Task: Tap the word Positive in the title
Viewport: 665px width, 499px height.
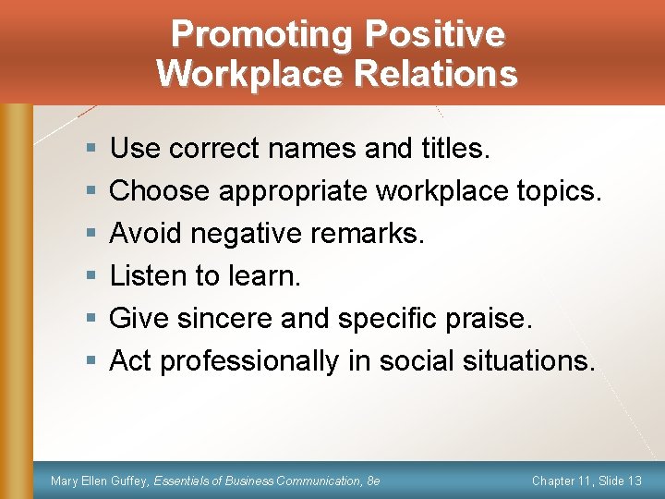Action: click(434, 34)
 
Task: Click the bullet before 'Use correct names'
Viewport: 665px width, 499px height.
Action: click(89, 148)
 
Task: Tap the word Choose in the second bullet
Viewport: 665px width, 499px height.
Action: click(160, 190)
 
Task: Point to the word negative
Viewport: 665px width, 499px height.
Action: click(250, 233)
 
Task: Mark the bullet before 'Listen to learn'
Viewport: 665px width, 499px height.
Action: click(89, 275)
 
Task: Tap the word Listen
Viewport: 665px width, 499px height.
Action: click(149, 275)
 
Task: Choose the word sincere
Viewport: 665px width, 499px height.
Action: click(224, 318)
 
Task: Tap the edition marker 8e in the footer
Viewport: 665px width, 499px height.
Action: click(372, 481)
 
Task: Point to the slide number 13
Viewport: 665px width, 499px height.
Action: click(634, 481)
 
